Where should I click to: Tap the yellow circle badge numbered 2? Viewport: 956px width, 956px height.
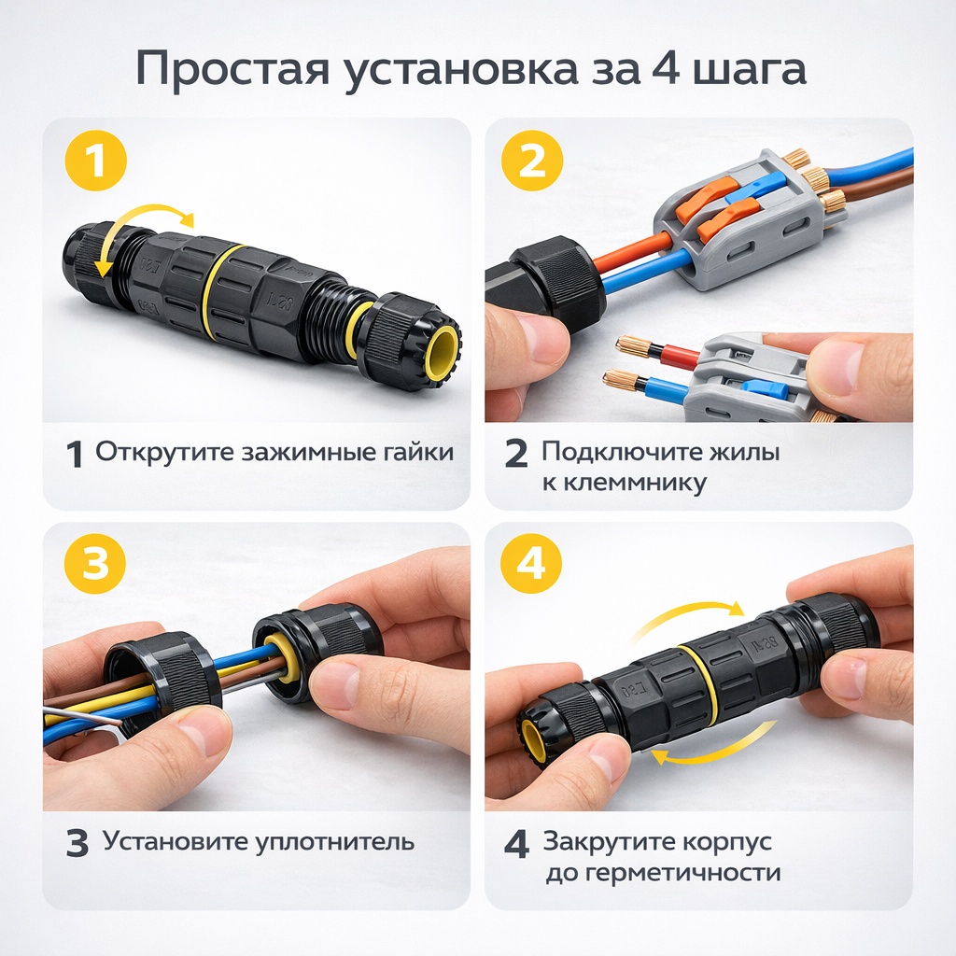coord(531,161)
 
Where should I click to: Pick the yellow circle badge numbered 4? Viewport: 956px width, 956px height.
coord(530,563)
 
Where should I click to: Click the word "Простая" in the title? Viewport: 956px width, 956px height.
coord(232,70)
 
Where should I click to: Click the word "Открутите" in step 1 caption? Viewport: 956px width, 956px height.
coord(164,453)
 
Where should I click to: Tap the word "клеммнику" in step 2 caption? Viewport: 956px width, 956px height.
coord(625,483)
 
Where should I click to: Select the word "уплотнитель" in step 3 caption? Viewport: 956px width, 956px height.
coord(334,842)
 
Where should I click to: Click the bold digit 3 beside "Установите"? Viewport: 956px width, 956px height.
coord(77,843)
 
